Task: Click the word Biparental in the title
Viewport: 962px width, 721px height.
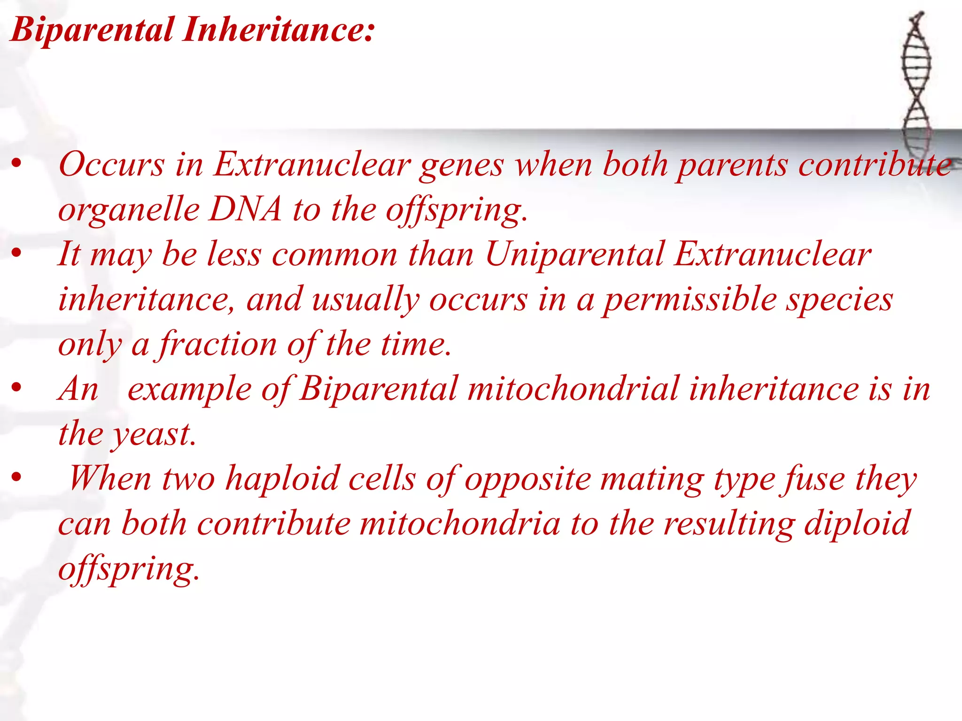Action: (92, 30)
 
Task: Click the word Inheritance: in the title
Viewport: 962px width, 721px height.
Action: (279, 29)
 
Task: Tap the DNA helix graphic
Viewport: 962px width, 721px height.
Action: (915, 80)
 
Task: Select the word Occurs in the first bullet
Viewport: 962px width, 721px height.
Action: (111, 165)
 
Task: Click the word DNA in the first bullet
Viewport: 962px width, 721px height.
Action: (245, 209)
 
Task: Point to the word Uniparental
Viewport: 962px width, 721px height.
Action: (574, 255)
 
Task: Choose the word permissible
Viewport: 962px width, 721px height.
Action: (689, 300)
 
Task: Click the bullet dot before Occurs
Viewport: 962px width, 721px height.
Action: (17, 164)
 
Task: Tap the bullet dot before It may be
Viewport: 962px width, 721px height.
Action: (17, 253)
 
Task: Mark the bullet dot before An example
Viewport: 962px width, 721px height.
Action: (17, 388)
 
